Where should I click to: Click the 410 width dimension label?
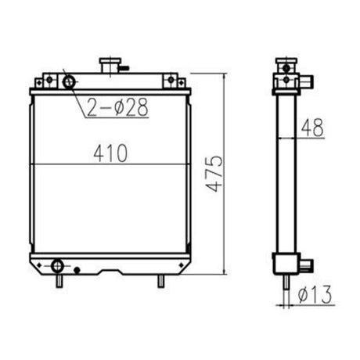(110, 153)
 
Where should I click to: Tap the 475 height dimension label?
(214, 174)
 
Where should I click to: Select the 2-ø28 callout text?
(117, 106)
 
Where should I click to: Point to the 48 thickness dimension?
(312, 128)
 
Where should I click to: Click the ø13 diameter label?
(315, 294)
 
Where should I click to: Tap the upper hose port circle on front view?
(69, 82)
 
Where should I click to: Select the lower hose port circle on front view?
(57, 266)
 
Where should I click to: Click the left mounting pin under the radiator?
(59, 281)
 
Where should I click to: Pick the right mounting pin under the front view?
(161, 281)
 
